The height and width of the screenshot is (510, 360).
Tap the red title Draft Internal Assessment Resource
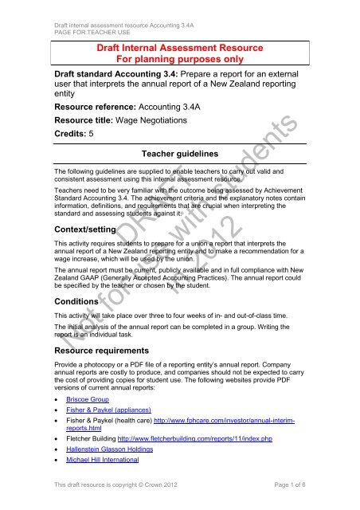click(179, 47)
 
